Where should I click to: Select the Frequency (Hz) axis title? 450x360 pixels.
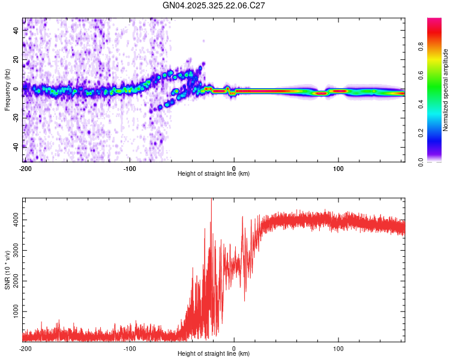(7, 90)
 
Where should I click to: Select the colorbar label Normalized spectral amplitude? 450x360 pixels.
(445, 90)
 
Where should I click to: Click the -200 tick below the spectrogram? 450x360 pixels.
(25, 168)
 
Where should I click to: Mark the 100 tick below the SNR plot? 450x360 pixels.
(338, 348)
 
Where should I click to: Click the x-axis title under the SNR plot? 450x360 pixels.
(214, 354)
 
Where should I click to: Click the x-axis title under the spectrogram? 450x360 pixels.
(214, 174)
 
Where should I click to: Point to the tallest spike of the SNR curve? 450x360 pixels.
(211, 200)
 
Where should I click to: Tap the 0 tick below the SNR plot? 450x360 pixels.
(234, 348)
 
